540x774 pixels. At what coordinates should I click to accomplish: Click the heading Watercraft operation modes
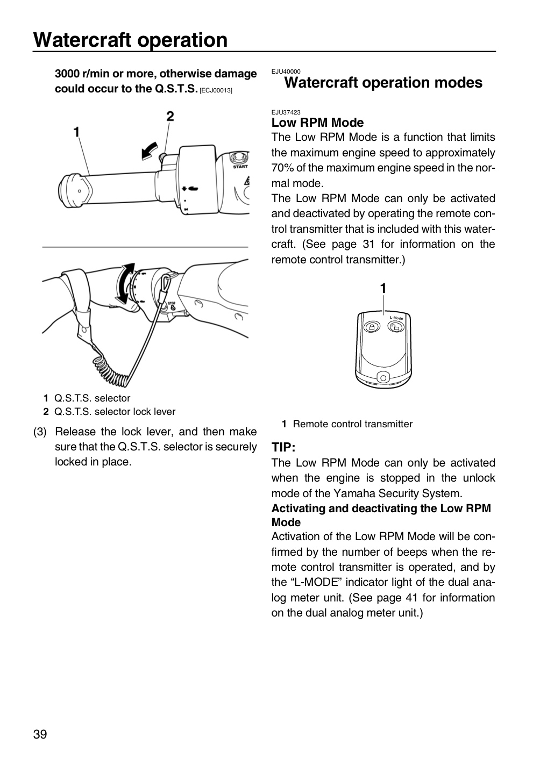pos(383,83)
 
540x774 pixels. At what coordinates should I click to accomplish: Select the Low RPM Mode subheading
pos(317,123)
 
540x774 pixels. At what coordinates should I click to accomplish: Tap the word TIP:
pos(283,447)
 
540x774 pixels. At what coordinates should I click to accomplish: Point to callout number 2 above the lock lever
pos(170,117)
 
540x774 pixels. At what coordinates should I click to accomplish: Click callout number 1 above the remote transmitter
pos(383,288)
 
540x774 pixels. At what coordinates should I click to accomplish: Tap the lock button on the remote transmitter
pos(372,327)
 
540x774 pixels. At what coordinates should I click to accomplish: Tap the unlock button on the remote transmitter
pos(396,327)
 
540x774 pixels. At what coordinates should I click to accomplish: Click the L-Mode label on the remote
pos(396,318)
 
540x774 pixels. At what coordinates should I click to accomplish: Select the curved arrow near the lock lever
pos(150,151)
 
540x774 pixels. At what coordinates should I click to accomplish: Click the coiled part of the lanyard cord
pos(111,370)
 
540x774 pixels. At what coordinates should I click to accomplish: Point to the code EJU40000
pos(286,71)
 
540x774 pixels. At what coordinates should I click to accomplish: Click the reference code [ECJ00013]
pos(216,90)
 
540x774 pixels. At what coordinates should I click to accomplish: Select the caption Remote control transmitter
pos(353,424)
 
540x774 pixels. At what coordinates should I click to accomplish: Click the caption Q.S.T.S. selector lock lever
pos(115,412)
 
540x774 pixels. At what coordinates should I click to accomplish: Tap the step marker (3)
pos(40,432)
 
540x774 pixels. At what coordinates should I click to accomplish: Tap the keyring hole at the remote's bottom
pos(383,378)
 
